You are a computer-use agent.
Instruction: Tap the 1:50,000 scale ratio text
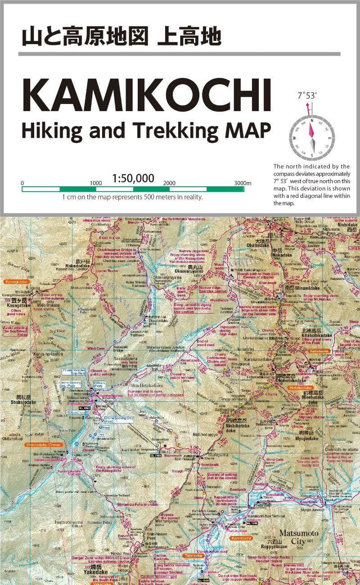(x=133, y=179)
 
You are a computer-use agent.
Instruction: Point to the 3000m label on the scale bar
(x=243, y=183)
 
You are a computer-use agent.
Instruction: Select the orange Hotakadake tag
(x=301, y=387)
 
